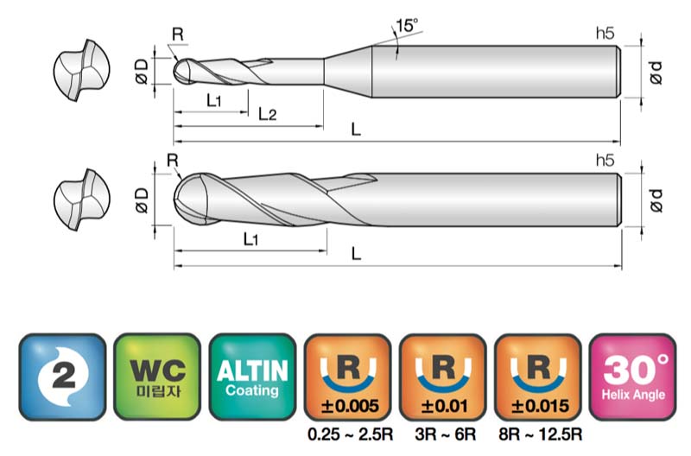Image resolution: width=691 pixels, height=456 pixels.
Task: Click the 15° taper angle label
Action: pos(406,26)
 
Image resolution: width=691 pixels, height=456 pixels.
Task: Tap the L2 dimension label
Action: pos(267,114)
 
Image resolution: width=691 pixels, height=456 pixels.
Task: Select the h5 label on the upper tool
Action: pos(605,33)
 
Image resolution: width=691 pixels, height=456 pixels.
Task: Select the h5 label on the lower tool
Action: pos(605,160)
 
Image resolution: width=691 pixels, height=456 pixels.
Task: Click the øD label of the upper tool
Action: pos(142,72)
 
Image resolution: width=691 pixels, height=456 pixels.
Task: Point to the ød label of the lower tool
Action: pos(656,200)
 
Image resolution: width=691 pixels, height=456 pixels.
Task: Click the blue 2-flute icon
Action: pos(62,377)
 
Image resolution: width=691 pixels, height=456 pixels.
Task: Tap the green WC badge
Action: pos(157,377)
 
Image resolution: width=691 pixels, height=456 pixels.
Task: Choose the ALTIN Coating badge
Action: pos(252,377)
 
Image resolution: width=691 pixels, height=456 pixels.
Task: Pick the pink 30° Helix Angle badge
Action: pos(633,377)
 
